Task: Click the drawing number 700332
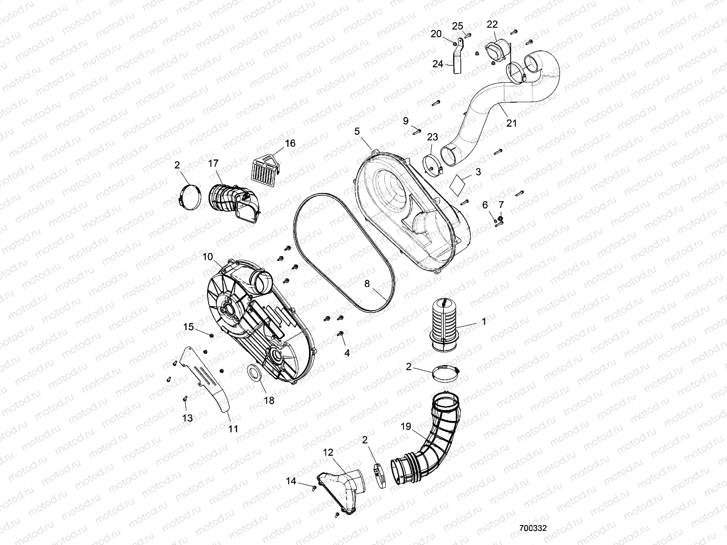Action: [x=533, y=528]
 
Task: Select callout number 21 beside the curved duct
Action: [x=512, y=123]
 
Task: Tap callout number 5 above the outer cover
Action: [x=357, y=132]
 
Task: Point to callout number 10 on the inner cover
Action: [x=207, y=257]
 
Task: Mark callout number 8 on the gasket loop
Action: [x=367, y=284]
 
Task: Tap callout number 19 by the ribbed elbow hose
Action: [x=405, y=427]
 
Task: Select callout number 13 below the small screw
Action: [x=188, y=418]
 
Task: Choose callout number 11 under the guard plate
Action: [x=233, y=428]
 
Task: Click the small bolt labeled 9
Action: [x=416, y=132]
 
